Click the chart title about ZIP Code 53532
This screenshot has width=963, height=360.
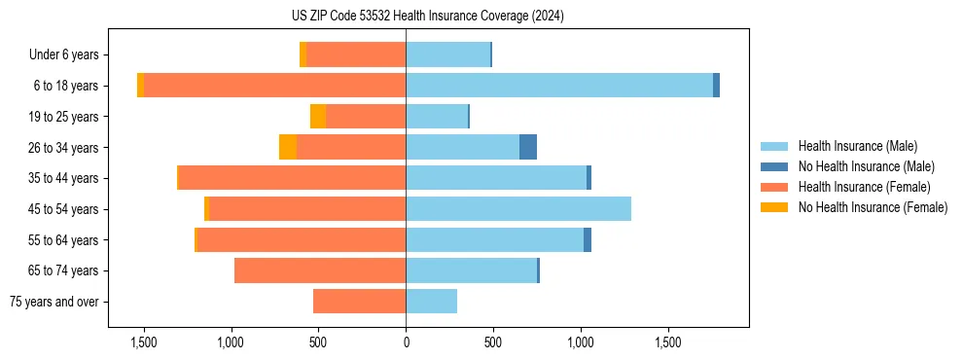[428, 16]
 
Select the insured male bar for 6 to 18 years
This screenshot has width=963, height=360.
[559, 86]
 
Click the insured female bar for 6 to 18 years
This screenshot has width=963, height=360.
[274, 86]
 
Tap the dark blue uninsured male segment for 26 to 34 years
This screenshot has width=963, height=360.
[528, 147]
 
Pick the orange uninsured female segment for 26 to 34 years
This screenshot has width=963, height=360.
[288, 147]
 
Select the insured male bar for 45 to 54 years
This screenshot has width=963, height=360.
[518, 209]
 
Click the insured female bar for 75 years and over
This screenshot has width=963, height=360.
[359, 302]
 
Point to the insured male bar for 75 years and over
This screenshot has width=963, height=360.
[431, 302]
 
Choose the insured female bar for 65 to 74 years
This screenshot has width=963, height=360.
[320, 270]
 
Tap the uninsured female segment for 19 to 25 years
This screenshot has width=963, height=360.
[318, 117]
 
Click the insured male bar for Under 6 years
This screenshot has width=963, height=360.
[447, 54]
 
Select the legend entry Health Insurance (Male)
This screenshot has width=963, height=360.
[856, 146]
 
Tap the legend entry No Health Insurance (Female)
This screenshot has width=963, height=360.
[873, 207]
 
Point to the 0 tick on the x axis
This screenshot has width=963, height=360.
[406, 343]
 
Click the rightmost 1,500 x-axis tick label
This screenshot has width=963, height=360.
[668, 343]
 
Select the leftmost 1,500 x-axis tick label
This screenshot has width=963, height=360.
[143, 343]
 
